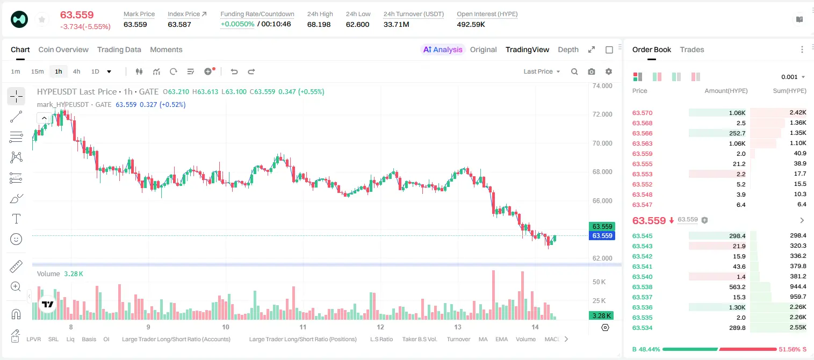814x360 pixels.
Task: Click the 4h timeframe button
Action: coord(76,71)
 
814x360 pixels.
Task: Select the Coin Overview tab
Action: coord(63,50)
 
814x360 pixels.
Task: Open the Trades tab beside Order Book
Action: coord(692,50)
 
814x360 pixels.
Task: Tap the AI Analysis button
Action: coord(443,50)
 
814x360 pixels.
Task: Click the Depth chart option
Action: coord(568,50)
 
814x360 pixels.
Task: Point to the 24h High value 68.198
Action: coord(319,24)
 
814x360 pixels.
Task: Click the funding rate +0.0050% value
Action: coord(237,24)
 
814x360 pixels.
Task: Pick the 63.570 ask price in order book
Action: coord(642,113)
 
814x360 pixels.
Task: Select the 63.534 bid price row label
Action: coord(642,328)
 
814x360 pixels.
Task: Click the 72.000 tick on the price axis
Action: coord(602,114)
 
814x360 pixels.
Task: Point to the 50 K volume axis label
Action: coord(599,282)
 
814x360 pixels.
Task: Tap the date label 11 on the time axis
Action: coord(302,327)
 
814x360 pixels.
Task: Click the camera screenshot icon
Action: coord(592,71)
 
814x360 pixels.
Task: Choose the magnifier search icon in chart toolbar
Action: coord(574,71)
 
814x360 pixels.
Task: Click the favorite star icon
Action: coord(42,19)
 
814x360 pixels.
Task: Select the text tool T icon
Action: coord(16,219)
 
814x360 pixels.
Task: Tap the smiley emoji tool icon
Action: coord(16,239)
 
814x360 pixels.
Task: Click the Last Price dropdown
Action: coord(542,71)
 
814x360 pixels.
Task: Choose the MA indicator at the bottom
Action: coord(483,339)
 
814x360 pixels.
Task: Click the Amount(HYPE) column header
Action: coord(726,91)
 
